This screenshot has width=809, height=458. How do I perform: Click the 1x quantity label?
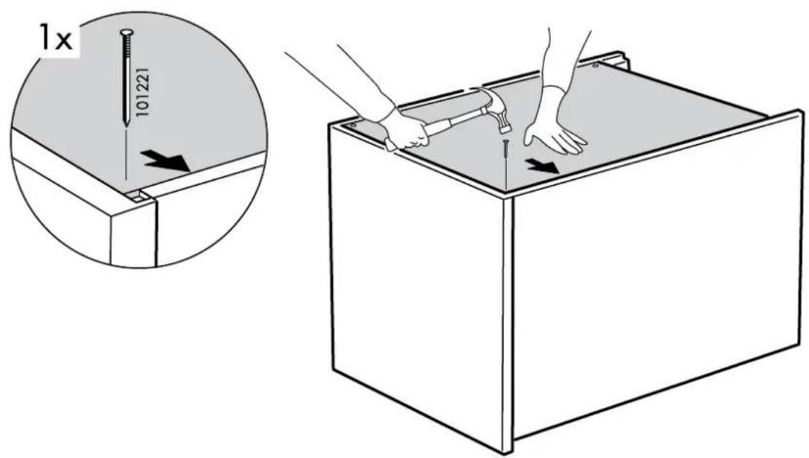[x=56, y=38]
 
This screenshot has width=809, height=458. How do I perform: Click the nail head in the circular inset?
[x=125, y=33]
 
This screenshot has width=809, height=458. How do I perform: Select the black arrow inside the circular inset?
[x=166, y=160]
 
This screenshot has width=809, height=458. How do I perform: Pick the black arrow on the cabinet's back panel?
[x=542, y=166]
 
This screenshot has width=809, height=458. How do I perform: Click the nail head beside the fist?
[x=353, y=125]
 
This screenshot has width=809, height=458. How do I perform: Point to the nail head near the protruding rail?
[x=595, y=66]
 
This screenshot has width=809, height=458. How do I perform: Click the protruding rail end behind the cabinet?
[x=624, y=60]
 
